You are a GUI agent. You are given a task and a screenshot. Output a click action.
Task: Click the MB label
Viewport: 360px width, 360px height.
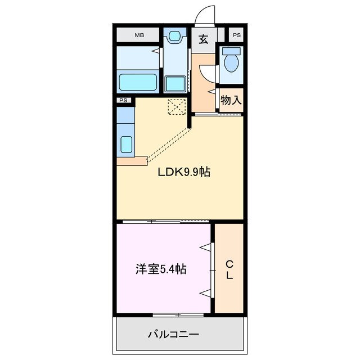(138, 35)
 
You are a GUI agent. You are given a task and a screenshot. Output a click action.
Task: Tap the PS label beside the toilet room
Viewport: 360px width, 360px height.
(237, 35)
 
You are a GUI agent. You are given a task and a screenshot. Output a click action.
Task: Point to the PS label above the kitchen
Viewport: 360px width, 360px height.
(124, 101)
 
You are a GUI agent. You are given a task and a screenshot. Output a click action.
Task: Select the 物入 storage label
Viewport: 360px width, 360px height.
(231, 101)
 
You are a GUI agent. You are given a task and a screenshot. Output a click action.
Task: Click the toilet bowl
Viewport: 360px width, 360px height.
(231, 64)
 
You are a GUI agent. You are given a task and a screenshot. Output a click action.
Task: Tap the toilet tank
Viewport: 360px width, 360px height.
(231, 51)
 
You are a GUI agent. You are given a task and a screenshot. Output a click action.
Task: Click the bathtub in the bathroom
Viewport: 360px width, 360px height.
(137, 82)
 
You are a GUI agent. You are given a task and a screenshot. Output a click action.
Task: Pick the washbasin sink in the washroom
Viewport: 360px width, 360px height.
(174, 37)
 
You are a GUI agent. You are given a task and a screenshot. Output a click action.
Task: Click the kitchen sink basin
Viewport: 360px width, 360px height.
(126, 144)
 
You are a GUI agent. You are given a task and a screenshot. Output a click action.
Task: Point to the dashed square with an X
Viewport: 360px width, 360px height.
(177, 106)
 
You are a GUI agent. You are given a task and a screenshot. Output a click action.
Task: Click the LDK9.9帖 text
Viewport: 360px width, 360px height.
(183, 173)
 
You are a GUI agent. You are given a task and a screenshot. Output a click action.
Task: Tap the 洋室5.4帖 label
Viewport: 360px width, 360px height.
(161, 269)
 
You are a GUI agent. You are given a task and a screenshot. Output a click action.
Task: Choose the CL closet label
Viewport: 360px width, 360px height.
(229, 269)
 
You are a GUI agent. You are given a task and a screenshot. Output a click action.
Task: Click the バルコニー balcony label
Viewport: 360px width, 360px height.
(173, 335)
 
